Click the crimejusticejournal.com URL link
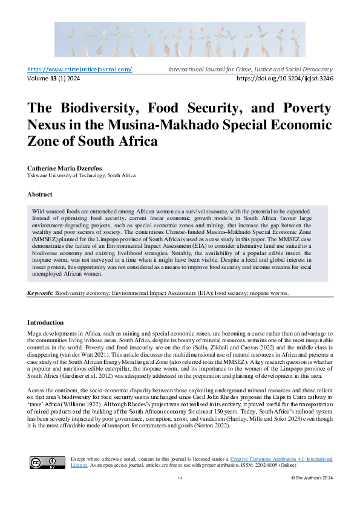tap(80, 70)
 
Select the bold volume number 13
tap(53, 79)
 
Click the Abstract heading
tap(40, 195)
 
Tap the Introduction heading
tap(45, 322)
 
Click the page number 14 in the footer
tap(180, 478)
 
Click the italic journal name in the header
tap(250, 70)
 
